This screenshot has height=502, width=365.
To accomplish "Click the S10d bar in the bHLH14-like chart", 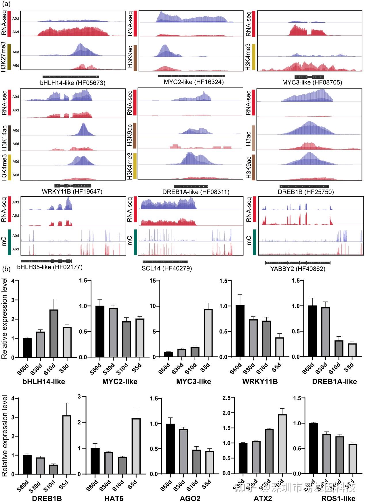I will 53,333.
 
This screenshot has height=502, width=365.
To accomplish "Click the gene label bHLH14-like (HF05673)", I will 73,83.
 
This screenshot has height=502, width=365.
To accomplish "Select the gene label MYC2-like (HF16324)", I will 194,82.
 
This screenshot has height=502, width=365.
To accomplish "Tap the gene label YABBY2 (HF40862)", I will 298,269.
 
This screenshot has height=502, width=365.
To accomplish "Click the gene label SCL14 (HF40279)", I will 167,268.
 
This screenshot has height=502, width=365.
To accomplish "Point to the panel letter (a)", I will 6,4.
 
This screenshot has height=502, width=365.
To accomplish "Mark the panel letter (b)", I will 6,269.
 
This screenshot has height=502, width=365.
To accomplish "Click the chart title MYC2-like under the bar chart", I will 120,382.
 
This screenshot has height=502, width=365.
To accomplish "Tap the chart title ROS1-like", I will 338,498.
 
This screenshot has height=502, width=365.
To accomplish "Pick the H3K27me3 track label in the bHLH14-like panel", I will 3,57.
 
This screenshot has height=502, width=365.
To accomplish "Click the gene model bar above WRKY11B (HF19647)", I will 72,186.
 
